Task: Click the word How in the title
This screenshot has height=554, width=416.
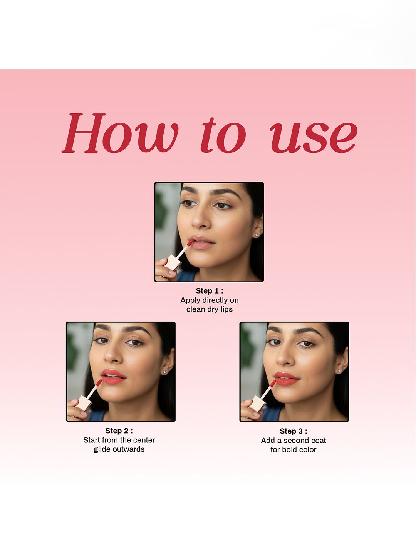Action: [120, 133]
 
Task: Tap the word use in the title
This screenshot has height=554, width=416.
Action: [314, 138]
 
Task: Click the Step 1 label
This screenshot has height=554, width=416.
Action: [210, 291]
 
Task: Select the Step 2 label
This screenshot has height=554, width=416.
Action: [119, 431]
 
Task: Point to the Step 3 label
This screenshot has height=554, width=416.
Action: [293, 431]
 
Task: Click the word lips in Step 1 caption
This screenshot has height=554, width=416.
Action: [226, 309]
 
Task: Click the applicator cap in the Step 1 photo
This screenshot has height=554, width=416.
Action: [173, 262]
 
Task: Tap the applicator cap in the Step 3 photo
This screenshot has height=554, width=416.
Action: [257, 404]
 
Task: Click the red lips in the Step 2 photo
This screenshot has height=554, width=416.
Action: [113, 377]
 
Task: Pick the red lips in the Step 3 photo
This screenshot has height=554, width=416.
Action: [287, 379]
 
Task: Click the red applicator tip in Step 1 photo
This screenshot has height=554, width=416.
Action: [190, 243]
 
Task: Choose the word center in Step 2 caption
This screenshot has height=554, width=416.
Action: [143, 440]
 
